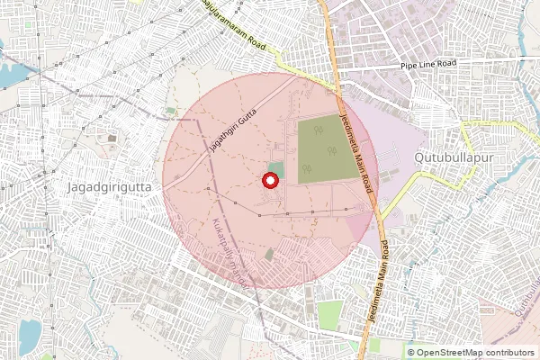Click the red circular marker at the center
click(268, 181)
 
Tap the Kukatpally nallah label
click(231, 253)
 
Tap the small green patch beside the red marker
click(278, 169)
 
